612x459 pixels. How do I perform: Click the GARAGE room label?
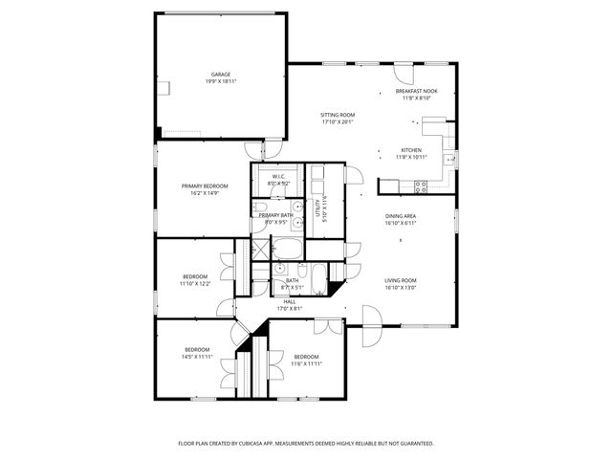pyautogui.click(x=220, y=74)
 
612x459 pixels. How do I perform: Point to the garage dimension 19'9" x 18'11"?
pyautogui.click(x=220, y=81)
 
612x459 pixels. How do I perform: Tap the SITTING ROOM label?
pyautogui.click(x=337, y=115)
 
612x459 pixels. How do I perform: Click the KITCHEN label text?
pyautogui.click(x=411, y=150)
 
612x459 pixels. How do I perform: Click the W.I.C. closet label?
pyautogui.click(x=279, y=176)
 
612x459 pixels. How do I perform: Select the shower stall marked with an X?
pyautogui.click(x=257, y=250)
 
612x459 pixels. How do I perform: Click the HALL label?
pyautogui.click(x=289, y=301)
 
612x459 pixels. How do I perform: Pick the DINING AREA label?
pyautogui.click(x=400, y=216)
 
